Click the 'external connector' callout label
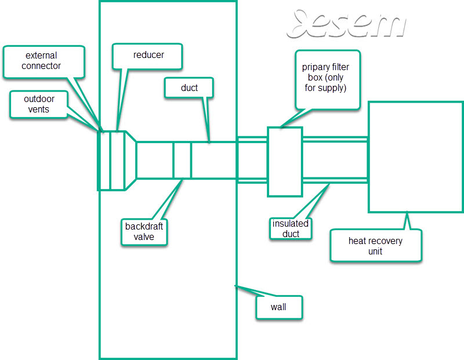click(x=44, y=62)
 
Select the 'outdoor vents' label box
click(x=39, y=104)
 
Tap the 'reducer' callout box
click(x=147, y=56)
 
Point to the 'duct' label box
click(x=189, y=88)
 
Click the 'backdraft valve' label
click(x=144, y=232)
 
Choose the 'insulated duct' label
click(x=291, y=228)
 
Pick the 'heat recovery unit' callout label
click(x=375, y=246)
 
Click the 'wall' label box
click(x=279, y=307)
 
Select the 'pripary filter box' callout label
click(x=328, y=80)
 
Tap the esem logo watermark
click(x=346, y=24)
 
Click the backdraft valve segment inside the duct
click(x=182, y=160)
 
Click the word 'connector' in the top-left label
click(x=41, y=66)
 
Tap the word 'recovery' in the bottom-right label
click(x=385, y=241)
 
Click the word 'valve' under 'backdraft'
click(x=144, y=237)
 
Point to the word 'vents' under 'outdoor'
click(x=38, y=110)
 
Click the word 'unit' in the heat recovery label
click(x=375, y=252)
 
